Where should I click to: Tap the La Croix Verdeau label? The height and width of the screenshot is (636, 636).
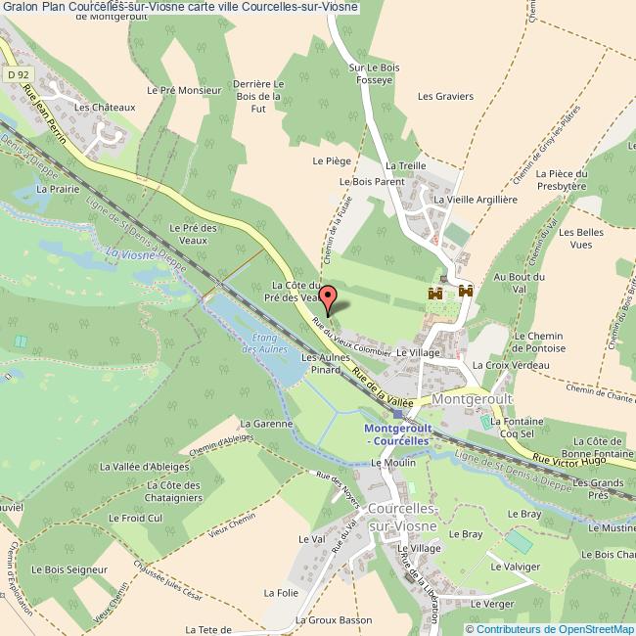[x=511, y=365]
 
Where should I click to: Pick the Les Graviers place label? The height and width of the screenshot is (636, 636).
[x=445, y=96]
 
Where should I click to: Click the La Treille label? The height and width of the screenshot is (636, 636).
[x=406, y=166]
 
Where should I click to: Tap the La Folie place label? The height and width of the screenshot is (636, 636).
[x=280, y=593]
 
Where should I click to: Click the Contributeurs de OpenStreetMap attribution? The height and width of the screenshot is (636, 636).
[x=556, y=628]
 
